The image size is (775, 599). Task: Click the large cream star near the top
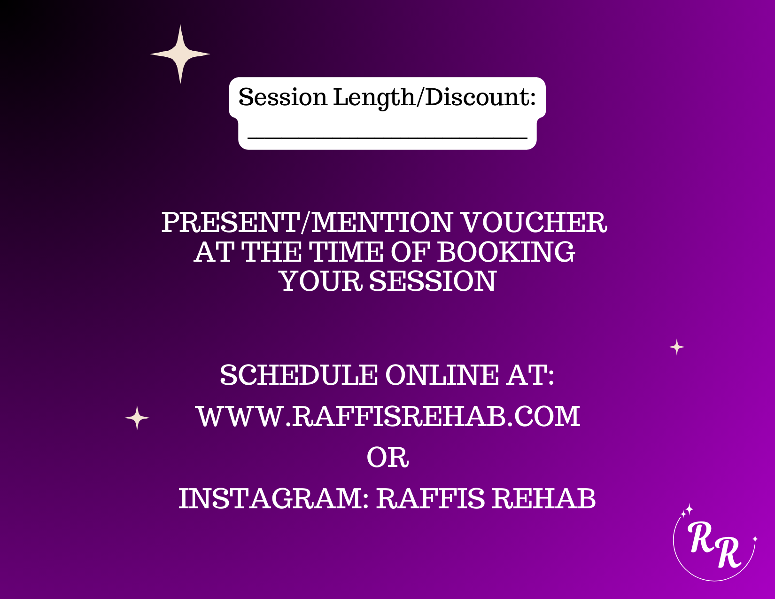click(x=180, y=54)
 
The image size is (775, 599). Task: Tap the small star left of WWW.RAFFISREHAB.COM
click(x=137, y=417)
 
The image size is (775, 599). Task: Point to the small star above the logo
click(x=677, y=347)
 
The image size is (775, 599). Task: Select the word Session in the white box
click(x=283, y=97)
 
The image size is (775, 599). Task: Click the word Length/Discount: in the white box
click(x=434, y=97)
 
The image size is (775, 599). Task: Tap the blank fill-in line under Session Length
click(x=387, y=137)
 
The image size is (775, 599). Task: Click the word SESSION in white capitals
click(x=433, y=281)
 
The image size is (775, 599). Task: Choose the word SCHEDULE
click(x=299, y=375)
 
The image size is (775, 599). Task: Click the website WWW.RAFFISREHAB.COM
click(x=388, y=416)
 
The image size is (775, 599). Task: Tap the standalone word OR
click(x=387, y=457)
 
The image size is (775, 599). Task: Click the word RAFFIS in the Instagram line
click(x=430, y=498)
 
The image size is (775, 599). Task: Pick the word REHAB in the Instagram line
click(x=544, y=498)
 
